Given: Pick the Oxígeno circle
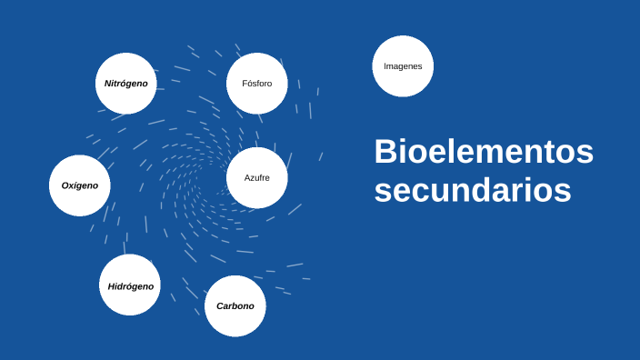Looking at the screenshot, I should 80,185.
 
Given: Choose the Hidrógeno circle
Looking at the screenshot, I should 130,285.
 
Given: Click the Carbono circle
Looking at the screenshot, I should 235,305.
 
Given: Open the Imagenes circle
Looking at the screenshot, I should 403,65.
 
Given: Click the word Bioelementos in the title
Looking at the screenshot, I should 483,152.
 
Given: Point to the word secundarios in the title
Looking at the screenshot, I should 473,191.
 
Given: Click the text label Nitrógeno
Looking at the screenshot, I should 126,84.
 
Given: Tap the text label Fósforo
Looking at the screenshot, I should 257,84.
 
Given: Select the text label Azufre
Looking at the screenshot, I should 257,177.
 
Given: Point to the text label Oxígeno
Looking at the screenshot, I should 80,185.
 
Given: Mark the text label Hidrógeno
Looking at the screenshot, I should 131,286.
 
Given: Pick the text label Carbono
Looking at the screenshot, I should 235,306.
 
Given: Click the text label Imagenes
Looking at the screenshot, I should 403,66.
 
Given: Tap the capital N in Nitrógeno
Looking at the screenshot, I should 108,84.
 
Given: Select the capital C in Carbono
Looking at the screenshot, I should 220,306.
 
